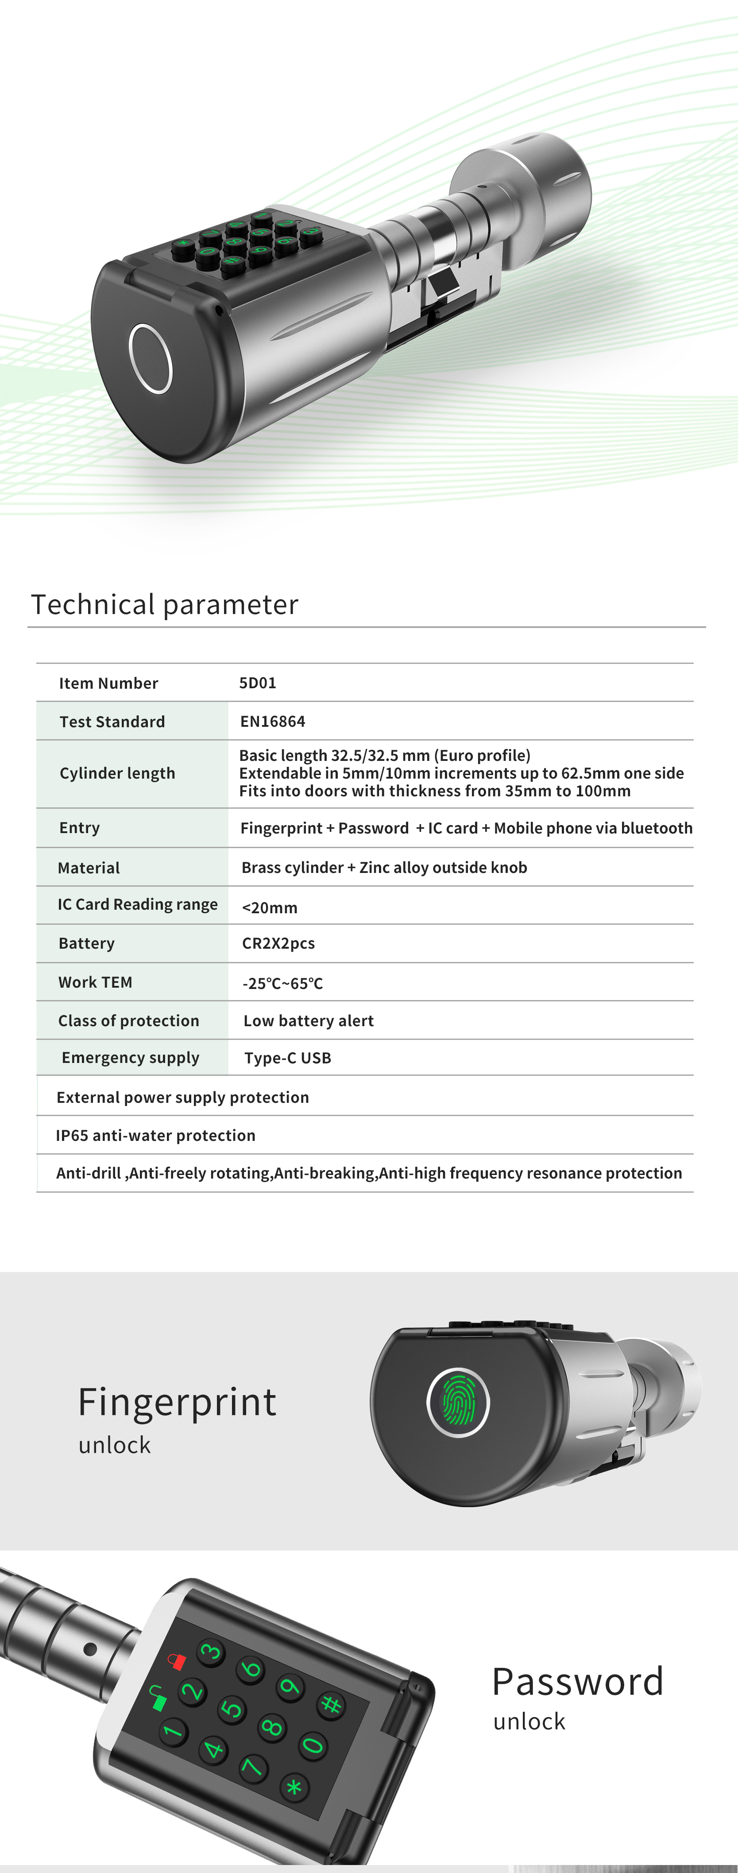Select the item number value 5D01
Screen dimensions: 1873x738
(257, 683)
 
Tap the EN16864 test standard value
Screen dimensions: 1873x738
(273, 721)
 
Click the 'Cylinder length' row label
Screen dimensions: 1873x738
(117, 773)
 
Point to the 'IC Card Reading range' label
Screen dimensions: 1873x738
(137, 904)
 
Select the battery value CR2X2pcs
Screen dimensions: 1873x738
(278, 943)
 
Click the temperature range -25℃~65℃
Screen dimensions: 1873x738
(283, 983)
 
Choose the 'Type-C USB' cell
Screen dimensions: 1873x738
(288, 1058)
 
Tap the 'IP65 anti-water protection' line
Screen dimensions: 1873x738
(155, 1135)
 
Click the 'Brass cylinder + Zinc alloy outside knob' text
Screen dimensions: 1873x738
(384, 868)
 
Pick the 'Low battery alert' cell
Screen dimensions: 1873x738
(308, 1021)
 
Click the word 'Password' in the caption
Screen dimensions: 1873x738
(577, 1682)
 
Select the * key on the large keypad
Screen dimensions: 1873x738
(294, 1787)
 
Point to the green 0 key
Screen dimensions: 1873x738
(313, 1745)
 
